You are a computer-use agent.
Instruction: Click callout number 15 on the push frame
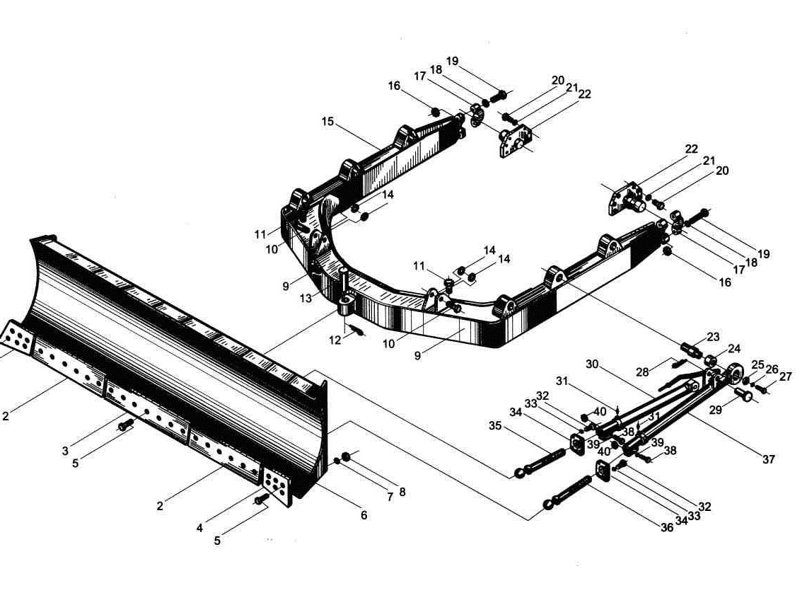click(x=328, y=122)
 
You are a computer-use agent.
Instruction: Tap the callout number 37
click(x=768, y=459)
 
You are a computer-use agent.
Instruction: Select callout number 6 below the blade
click(x=364, y=515)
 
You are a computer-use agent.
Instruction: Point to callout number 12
click(x=335, y=340)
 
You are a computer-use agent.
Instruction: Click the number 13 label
click(x=306, y=298)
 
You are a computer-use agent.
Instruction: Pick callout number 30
click(x=593, y=364)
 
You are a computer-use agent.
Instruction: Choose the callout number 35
click(x=495, y=426)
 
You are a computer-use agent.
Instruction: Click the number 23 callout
click(x=713, y=337)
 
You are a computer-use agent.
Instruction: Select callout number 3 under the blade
click(x=65, y=451)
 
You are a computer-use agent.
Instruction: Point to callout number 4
click(x=199, y=528)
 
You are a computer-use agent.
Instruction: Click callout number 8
click(x=402, y=492)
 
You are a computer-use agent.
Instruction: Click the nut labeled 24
click(x=712, y=359)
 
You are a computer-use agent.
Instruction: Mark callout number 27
click(x=785, y=376)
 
